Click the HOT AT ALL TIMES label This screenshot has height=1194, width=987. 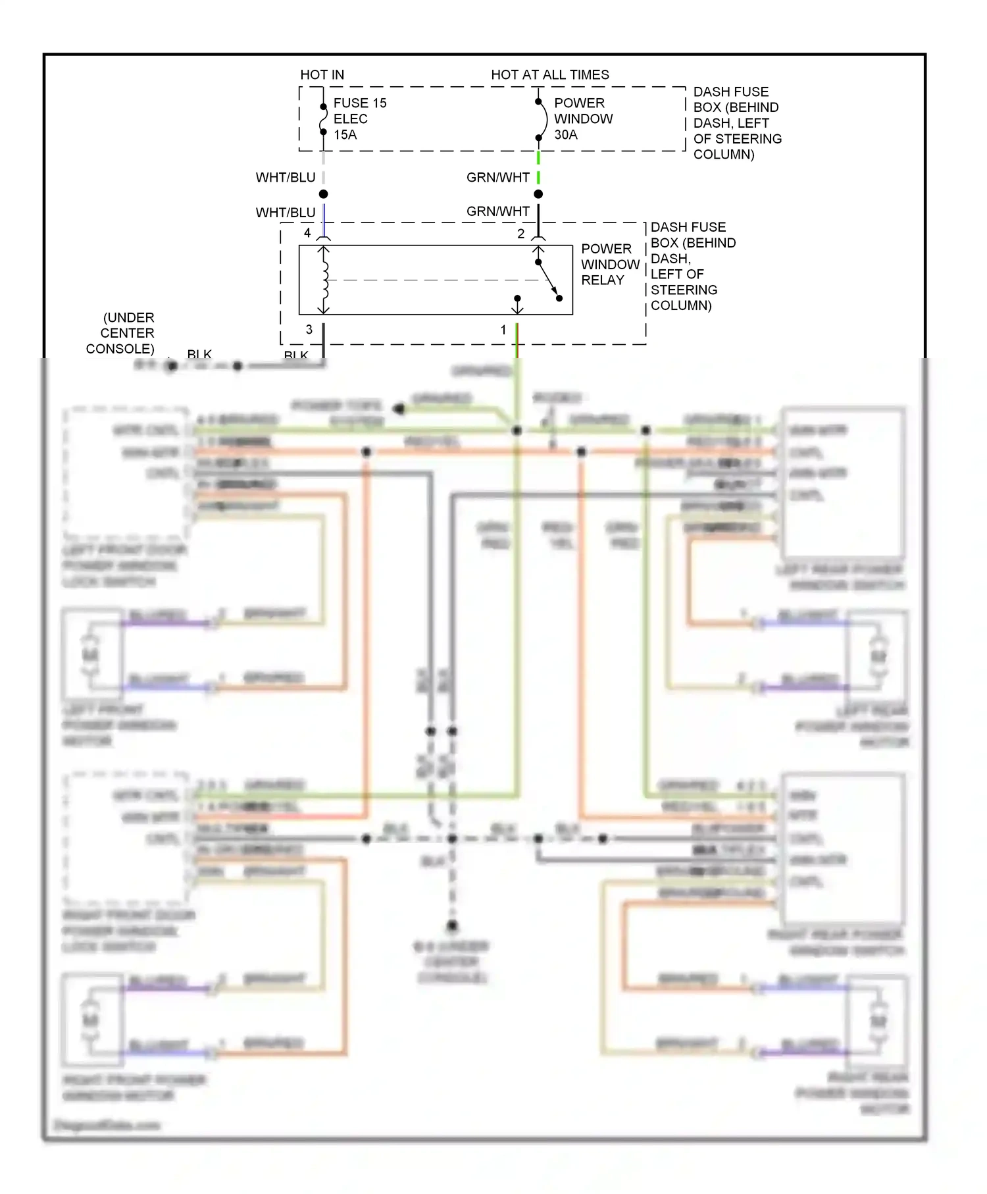(550, 75)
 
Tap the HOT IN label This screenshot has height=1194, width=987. (322, 75)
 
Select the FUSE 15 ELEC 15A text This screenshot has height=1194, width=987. (359, 119)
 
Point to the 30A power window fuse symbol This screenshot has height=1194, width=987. (540, 120)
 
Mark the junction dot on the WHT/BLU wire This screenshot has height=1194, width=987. (323, 194)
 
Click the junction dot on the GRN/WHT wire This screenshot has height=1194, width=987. (538, 194)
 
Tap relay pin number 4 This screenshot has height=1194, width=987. (307, 233)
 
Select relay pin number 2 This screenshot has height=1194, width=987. (520, 234)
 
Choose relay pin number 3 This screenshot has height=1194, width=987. (309, 330)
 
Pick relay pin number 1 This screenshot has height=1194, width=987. (503, 330)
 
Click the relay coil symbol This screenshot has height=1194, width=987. (324, 280)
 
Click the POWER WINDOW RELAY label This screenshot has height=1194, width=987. (610, 265)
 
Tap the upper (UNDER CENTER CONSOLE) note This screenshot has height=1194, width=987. (121, 333)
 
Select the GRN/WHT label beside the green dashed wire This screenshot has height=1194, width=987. (497, 178)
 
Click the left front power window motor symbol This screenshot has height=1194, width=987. (90, 656)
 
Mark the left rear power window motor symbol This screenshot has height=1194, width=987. (878, 656)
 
